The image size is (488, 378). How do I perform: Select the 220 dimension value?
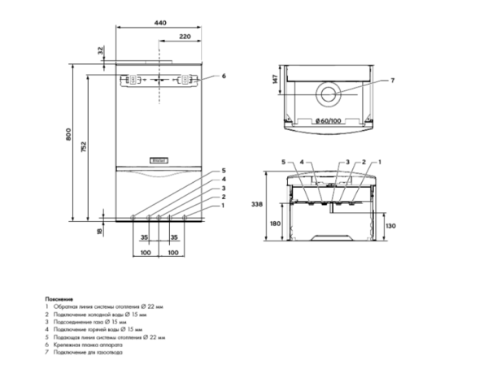(185, 37)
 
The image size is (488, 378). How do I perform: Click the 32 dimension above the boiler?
(101, 50)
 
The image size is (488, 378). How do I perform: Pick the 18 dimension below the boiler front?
(100, 232)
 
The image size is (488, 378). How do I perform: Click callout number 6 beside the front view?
(224, 76)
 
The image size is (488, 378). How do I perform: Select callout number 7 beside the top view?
(391, 80)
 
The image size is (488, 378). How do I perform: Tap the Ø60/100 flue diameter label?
(329, 121)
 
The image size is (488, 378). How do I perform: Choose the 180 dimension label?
(275, 224)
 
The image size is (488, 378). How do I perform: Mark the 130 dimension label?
(390, 226)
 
